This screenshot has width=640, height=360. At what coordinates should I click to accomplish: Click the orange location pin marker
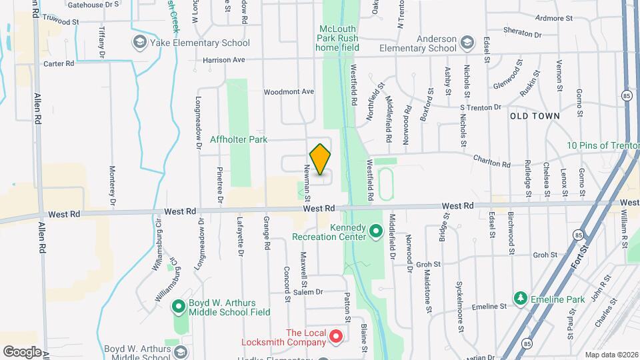click(x=320, y=159)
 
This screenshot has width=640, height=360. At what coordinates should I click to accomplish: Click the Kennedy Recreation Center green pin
click(x=375, y=232)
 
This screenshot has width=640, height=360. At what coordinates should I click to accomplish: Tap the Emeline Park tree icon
click(x=520, y=298)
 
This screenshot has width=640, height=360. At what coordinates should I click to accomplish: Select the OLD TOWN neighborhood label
click(x=535, y=116)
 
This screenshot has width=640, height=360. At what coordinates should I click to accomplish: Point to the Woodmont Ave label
click(x=289, y=91)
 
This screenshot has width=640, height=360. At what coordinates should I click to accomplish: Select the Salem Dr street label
click(x=308, y=292)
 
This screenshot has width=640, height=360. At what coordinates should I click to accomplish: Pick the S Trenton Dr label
click(x=480, y=107)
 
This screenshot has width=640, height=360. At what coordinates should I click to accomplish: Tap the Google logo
click(x=21, y=351)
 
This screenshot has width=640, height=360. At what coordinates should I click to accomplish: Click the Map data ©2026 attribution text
click(x=611, y=355)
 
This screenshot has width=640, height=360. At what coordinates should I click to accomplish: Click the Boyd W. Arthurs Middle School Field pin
click(x=178, y=307)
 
